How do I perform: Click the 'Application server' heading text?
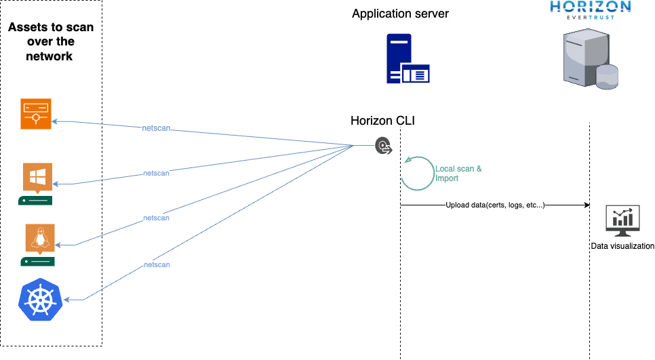(400, 14)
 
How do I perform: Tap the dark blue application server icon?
(408, 59)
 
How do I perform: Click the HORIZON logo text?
(590, 8)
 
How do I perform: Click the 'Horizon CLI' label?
(382, 121)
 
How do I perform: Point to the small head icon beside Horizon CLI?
(384, 146)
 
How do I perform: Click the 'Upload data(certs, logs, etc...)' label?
(495, 205)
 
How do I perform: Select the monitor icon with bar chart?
(622, 220)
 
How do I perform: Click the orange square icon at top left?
(35, 113)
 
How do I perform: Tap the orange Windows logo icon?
(37, 178)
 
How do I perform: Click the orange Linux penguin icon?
(40, 239)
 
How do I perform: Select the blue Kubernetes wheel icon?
(40, 299)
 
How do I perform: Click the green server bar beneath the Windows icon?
(35, 201)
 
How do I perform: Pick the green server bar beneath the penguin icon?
(37, 262)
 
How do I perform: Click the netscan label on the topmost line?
(156, 128)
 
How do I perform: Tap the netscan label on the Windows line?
(156, 174)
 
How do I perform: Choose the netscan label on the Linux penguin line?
(156, 218)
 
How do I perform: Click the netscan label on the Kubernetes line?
(156, 264)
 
